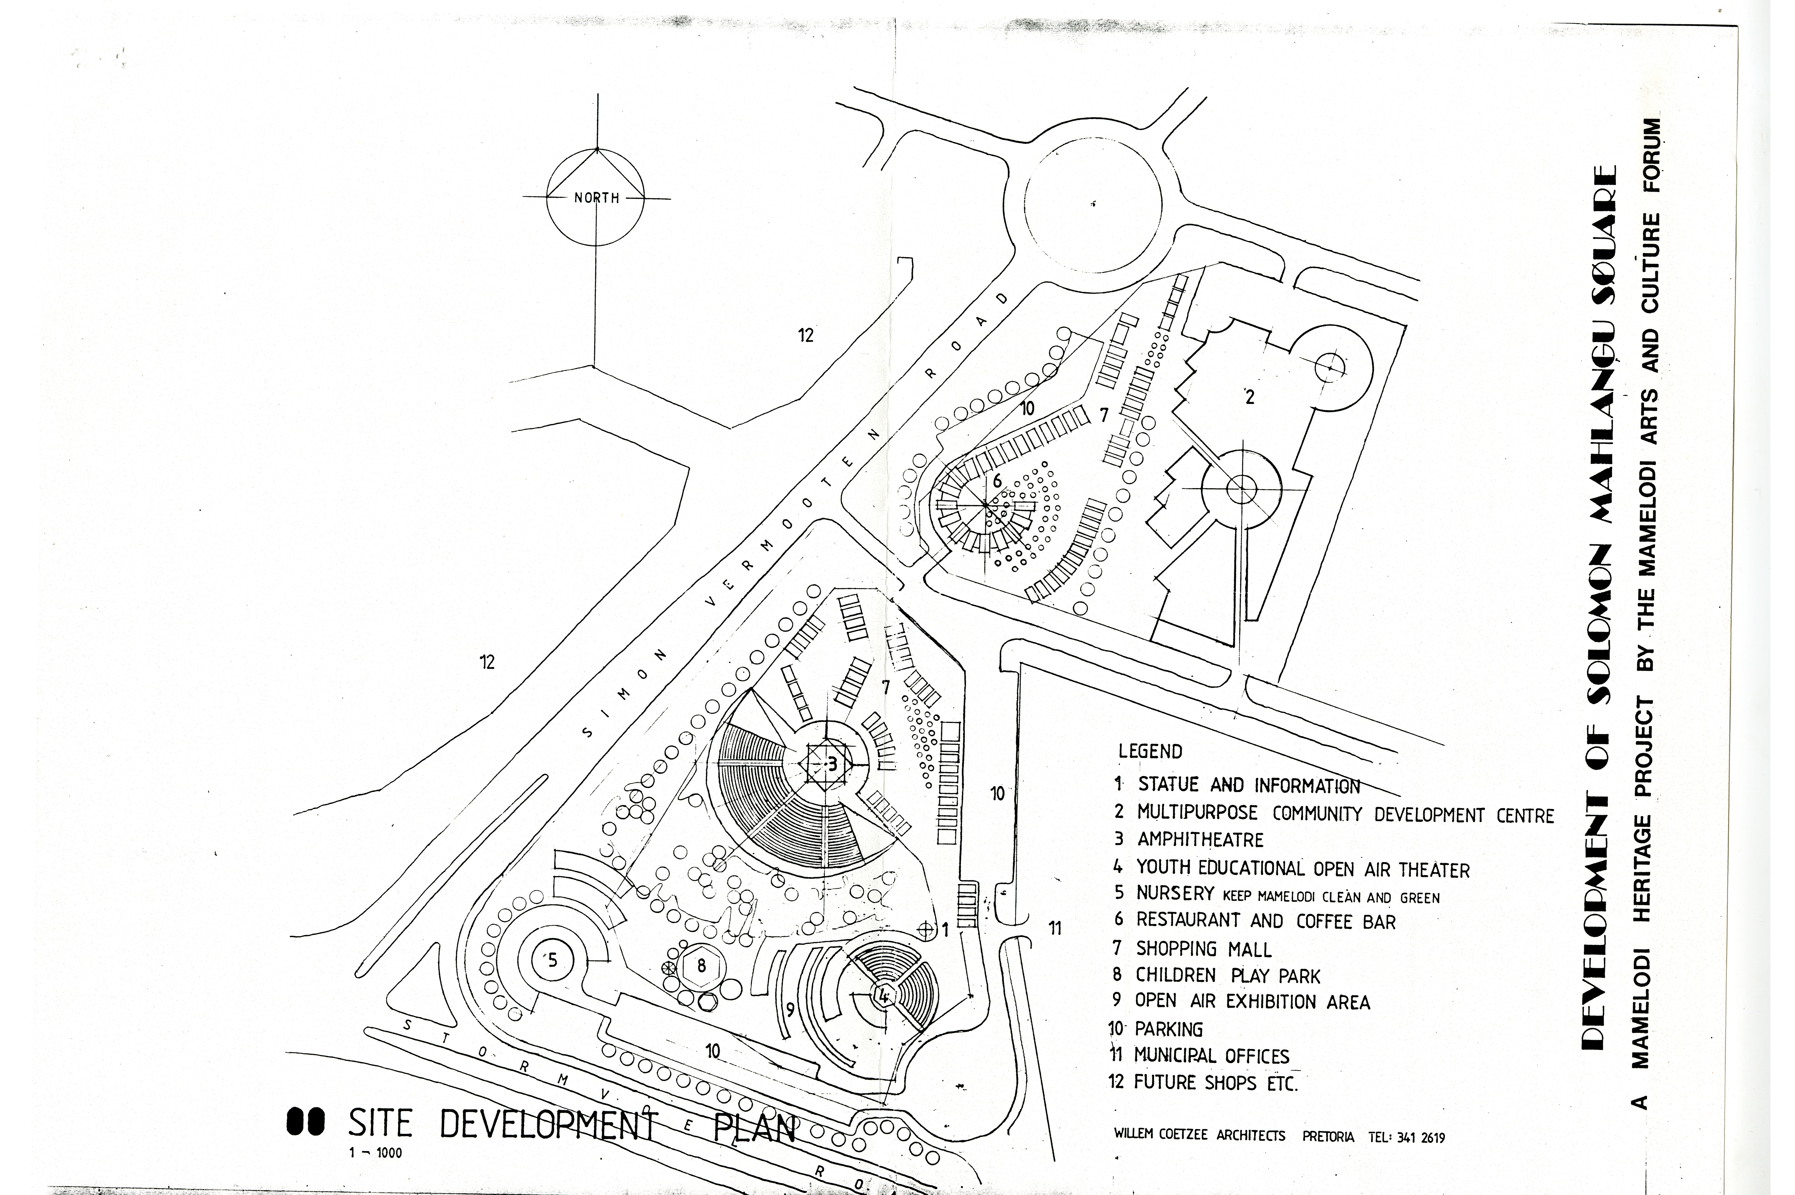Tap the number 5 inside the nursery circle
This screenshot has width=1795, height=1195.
[x=553, y=960]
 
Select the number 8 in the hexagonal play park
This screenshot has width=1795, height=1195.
[x=701, y=966]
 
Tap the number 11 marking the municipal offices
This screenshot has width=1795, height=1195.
[x=1055, y=928]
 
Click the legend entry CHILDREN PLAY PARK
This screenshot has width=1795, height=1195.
[x=1227, y=976]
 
